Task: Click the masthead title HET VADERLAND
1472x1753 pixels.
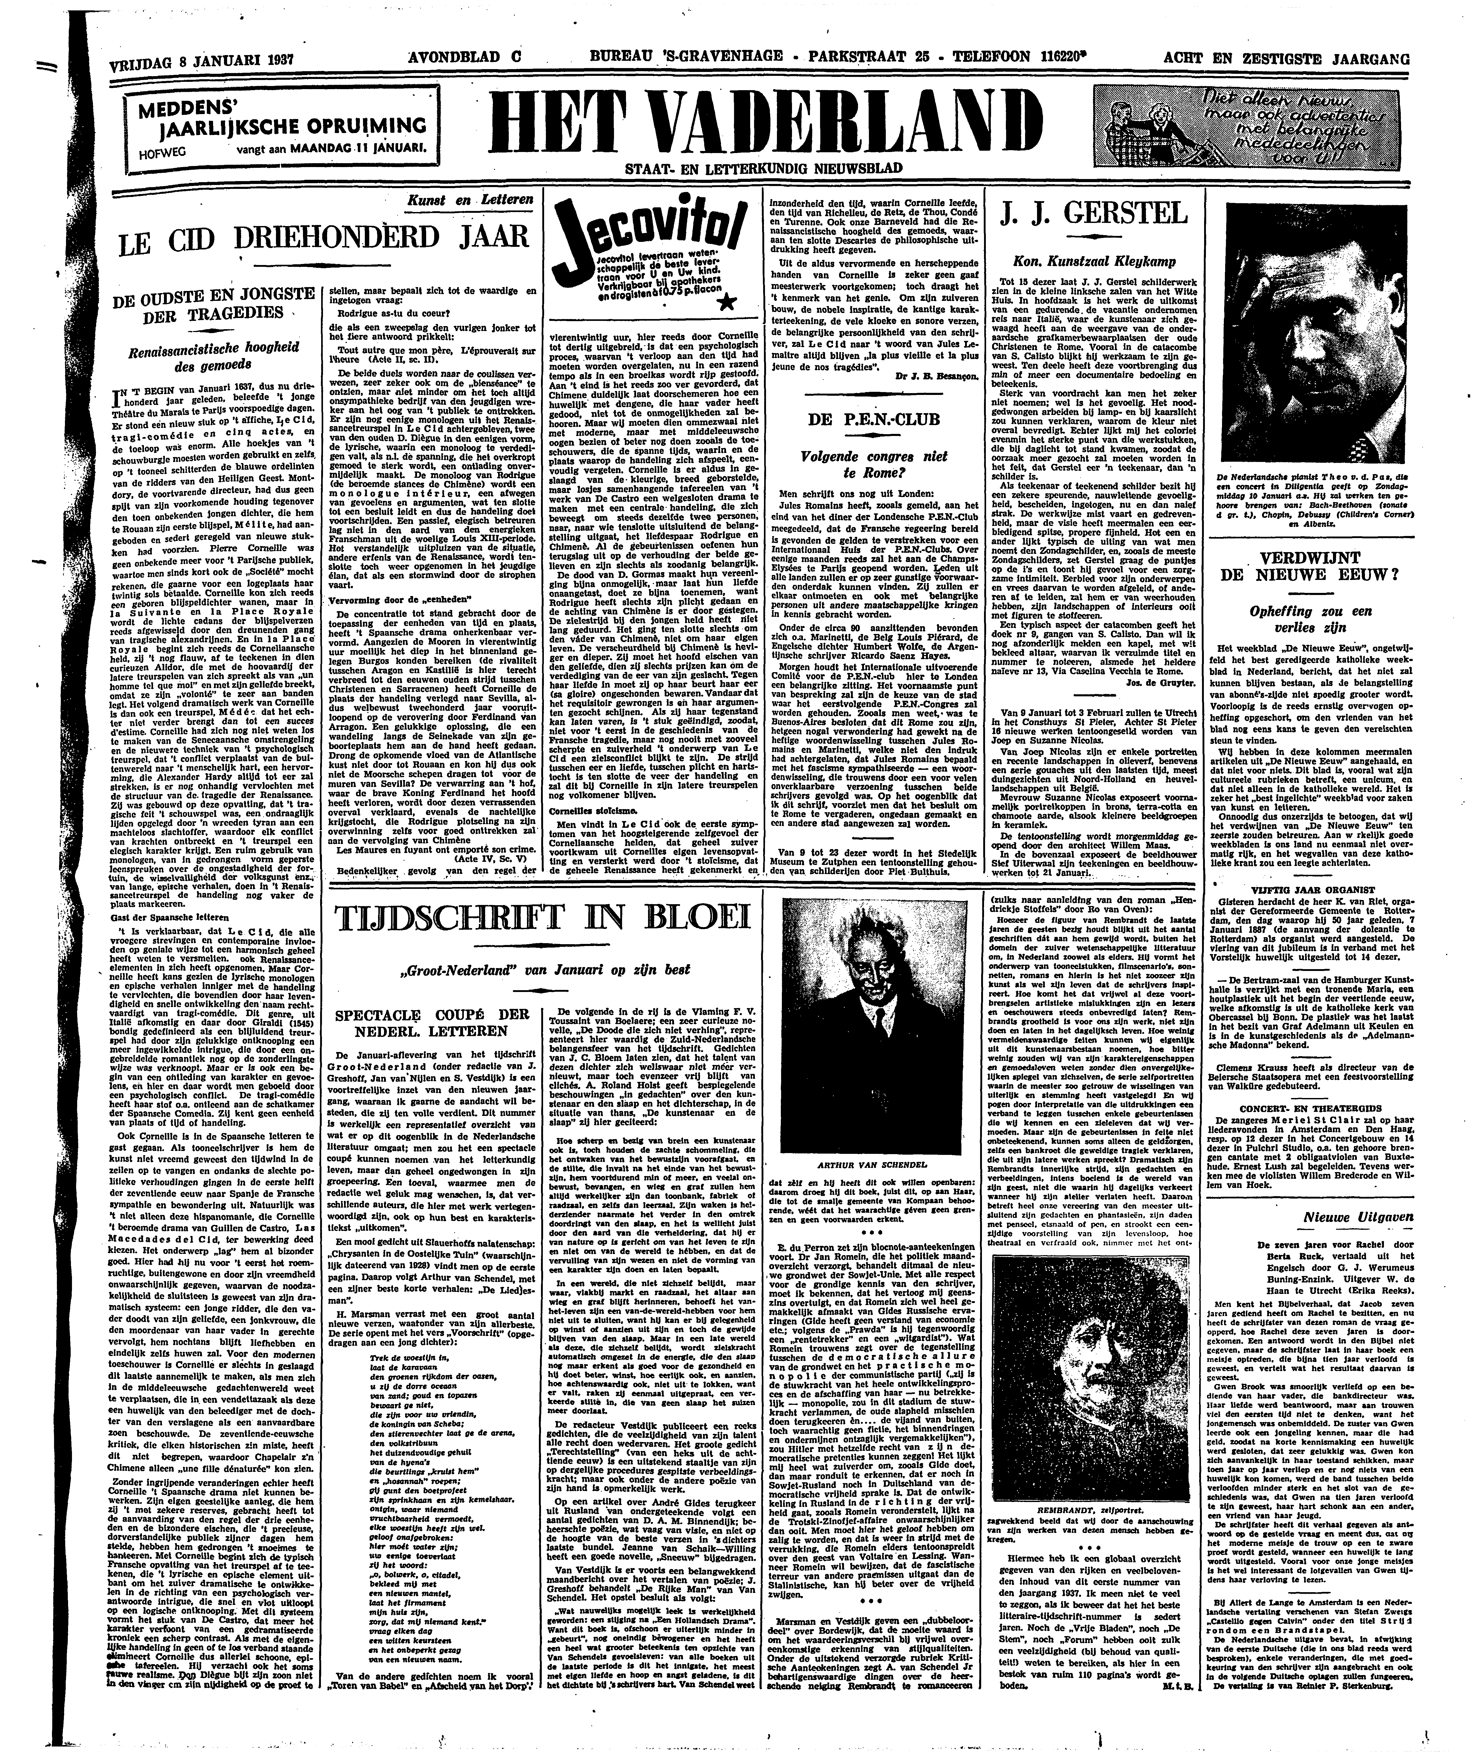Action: (768, 121)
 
